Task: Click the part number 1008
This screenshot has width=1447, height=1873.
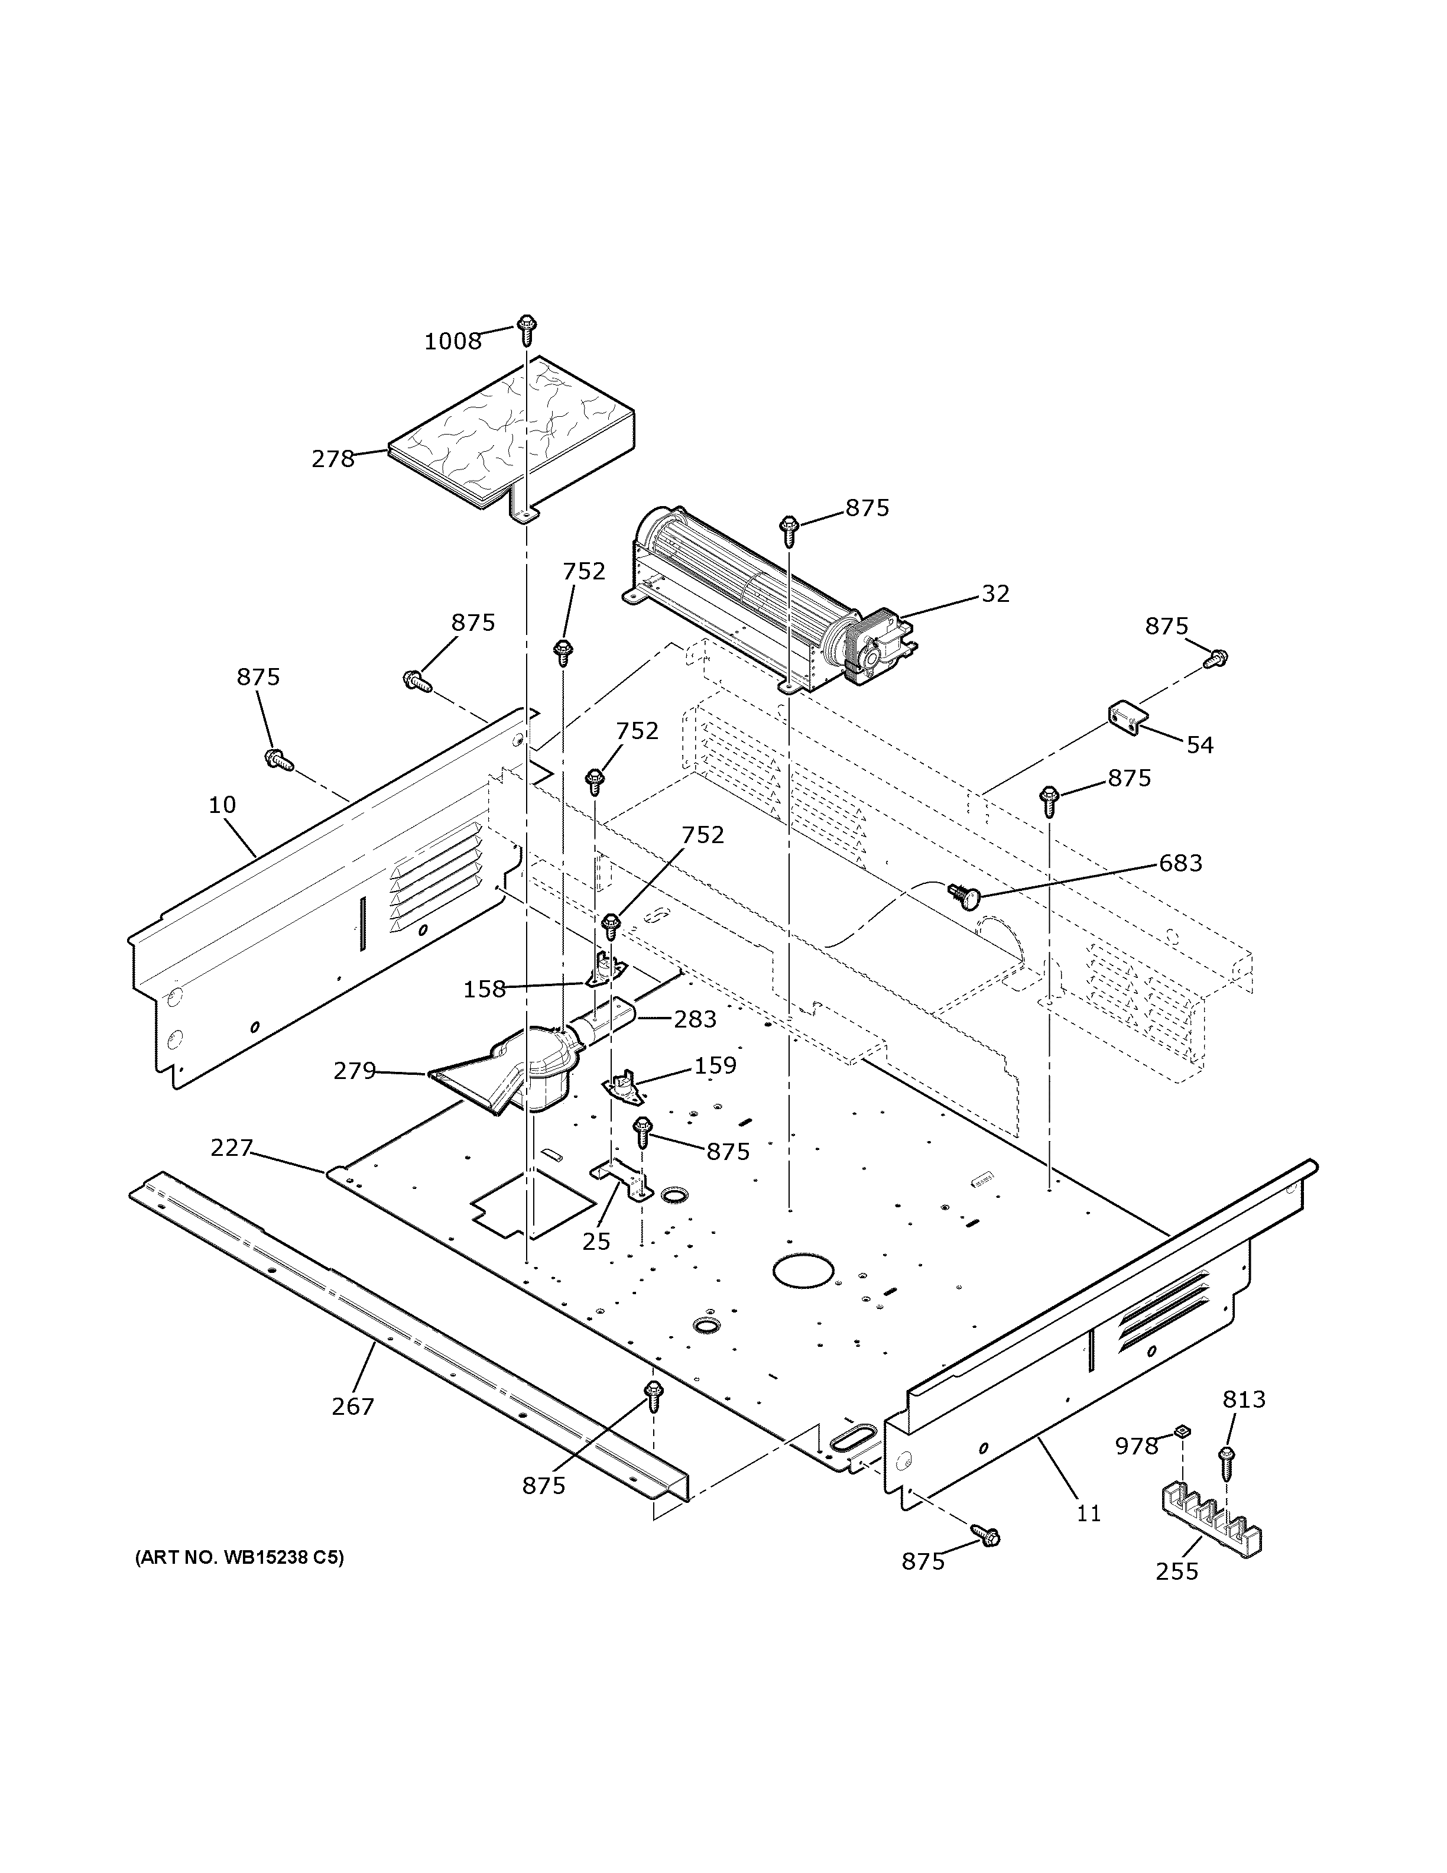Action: click(x=453, y=341)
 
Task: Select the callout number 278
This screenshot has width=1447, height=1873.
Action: click(x=333, y=459)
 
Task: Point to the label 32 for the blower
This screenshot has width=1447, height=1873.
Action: click(x=995, y=594)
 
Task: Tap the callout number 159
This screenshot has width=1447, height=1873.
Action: click(x=715, y=1065)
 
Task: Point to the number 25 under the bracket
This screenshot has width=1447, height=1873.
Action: click(x=596, y=1241)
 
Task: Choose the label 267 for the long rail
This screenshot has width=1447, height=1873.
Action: click(x=353, y=1407)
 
